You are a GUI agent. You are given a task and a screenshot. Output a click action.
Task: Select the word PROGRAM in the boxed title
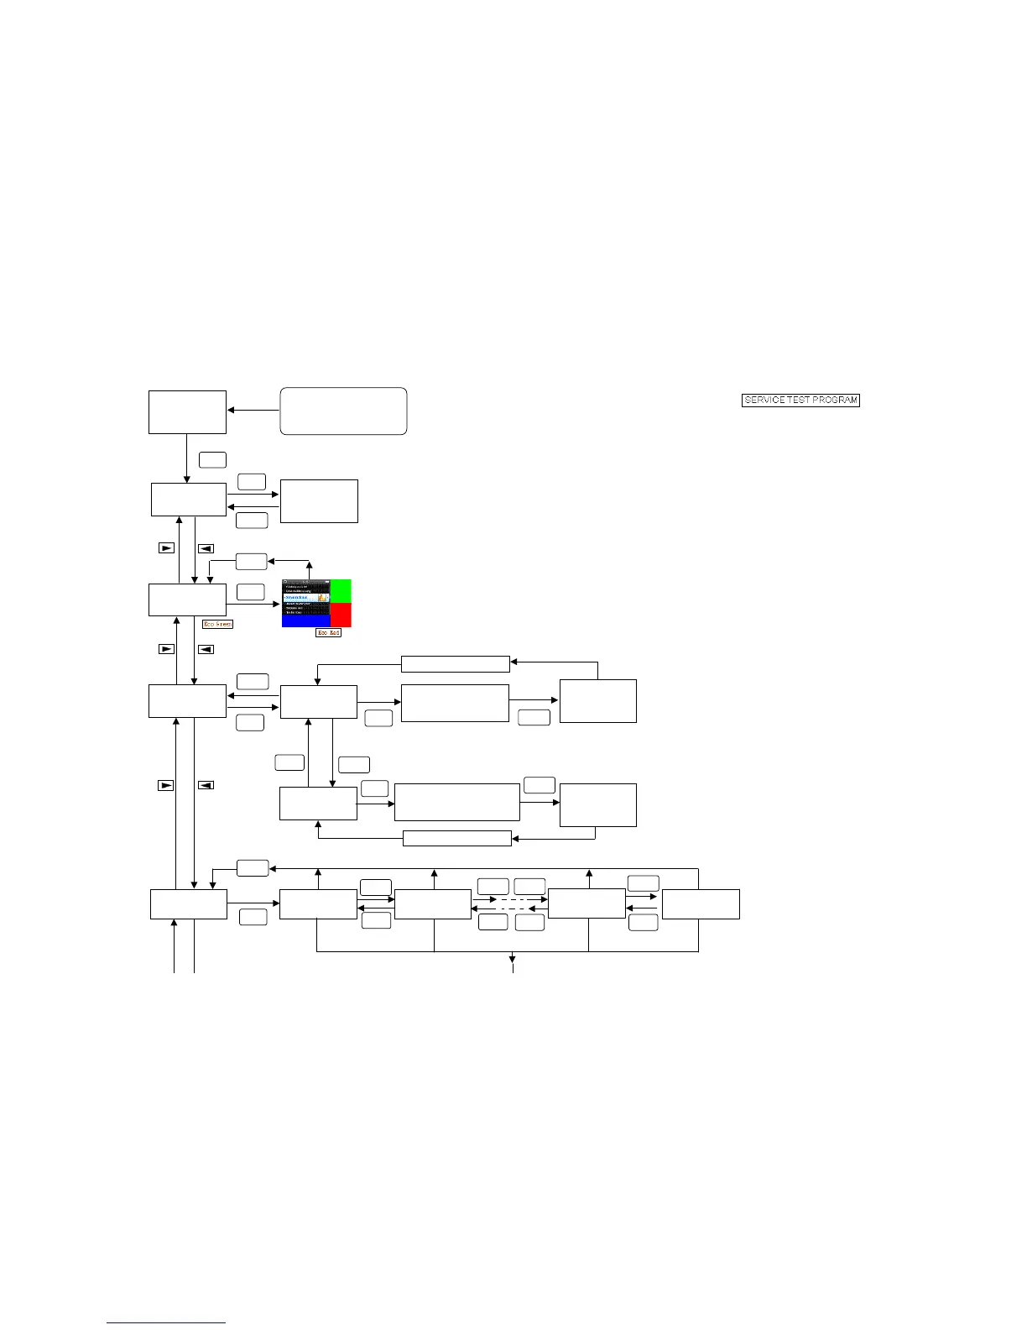pyautogui.click(x=837, y=401)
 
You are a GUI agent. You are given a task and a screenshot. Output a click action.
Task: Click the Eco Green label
pyautogui.click(x=217, y=624)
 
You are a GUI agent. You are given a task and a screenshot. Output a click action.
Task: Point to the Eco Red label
pyautogui.click(x=328, y=632)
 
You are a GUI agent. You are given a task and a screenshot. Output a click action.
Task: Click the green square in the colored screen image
pyautogui.click(x=341, y=590)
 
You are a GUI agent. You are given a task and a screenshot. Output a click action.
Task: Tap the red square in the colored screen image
pyautogui.click(x=341, y=615)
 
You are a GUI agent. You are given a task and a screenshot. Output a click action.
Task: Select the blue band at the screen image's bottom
pyautogui.click(x=306, y=621)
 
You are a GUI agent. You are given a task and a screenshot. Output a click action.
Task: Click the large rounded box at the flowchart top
pyautogui.click(x=343, y=411)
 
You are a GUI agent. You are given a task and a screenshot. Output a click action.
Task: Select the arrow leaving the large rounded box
pyautogui.click(x=253, y=411)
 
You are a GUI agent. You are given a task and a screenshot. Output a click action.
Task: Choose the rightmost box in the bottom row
pyautogui.click(x=701, y=904)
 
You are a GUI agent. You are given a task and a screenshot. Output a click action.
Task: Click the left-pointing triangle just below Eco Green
pyautogui.click(x=206, y=649)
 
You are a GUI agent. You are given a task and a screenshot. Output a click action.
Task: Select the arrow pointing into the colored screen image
pyautogui.click(x=253, y=604)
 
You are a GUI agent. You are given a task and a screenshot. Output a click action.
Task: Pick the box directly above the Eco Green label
pyautogui.click(x=187, y=600)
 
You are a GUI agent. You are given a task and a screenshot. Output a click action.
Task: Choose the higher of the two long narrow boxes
pyautogui.click(x=455, y=664)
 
